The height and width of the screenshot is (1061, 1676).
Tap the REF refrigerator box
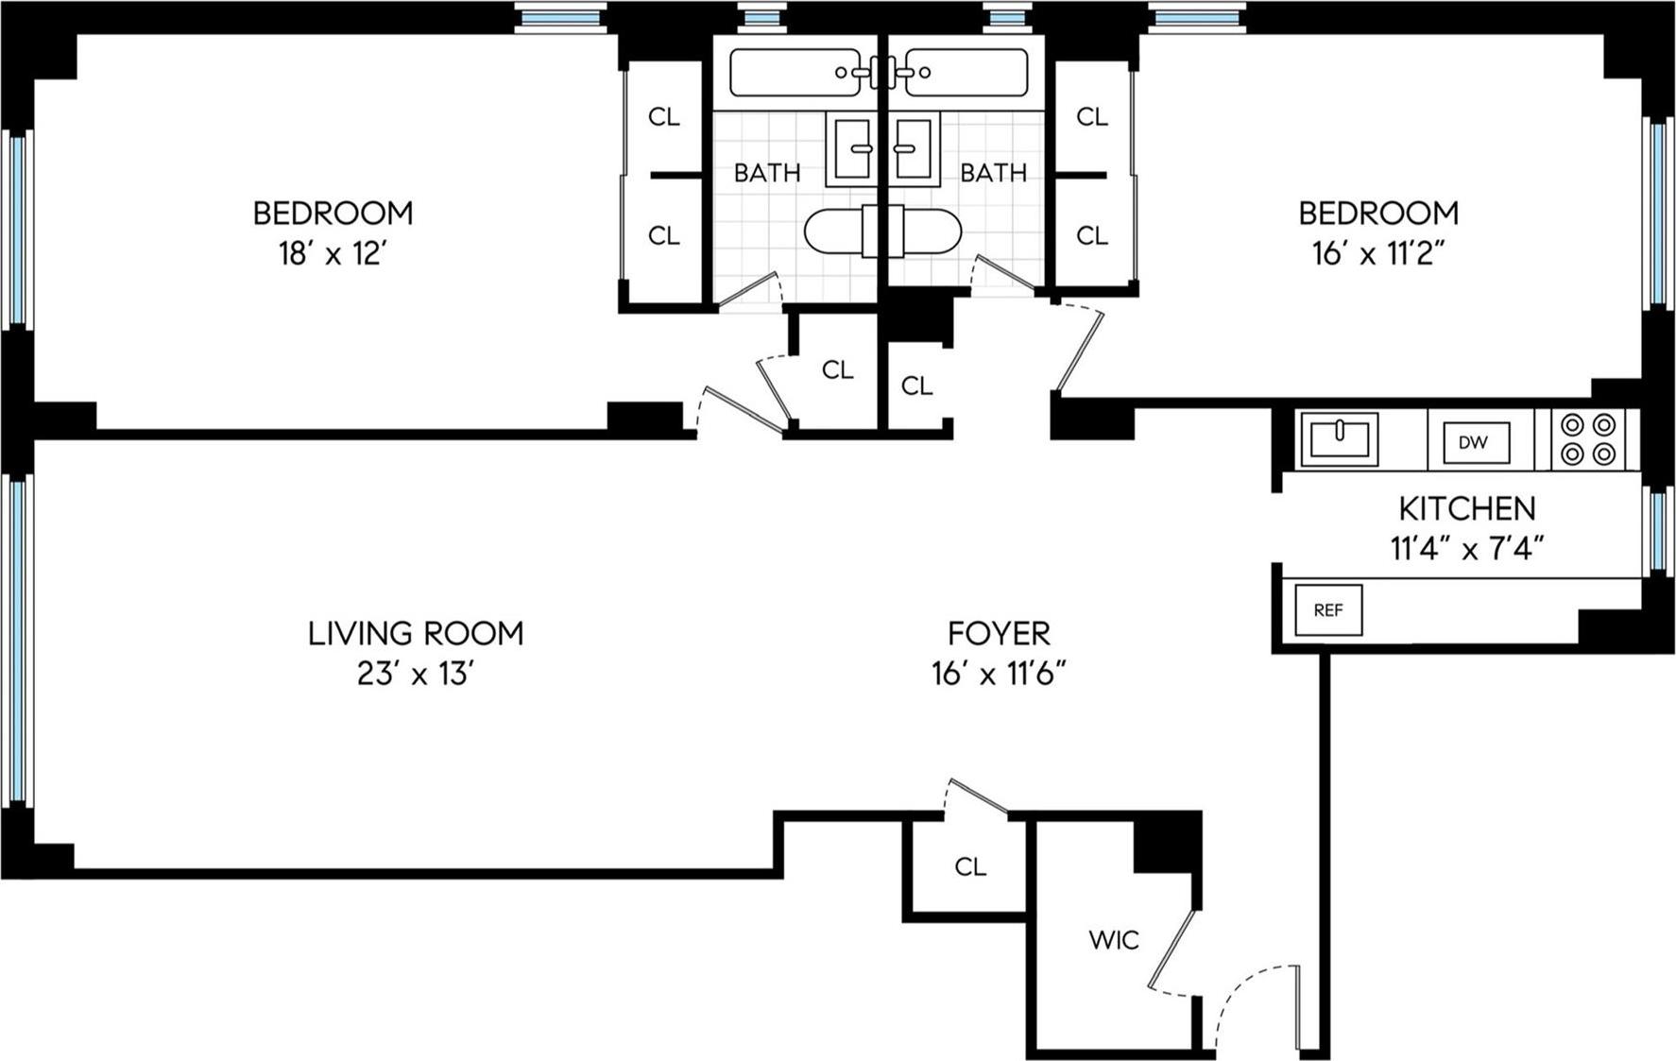[x=1328, y=609]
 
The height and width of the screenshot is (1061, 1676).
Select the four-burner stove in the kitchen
[x=1588, y=439]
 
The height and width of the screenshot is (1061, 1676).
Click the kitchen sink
[x=1339, y=438]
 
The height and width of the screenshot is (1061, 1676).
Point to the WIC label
[x=1114, y=940]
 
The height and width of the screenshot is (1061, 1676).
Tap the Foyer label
[x=999, y=632]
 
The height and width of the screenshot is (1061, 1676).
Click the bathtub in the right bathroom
[x=966, y=73]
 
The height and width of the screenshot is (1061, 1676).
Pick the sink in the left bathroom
[x=851, y=148]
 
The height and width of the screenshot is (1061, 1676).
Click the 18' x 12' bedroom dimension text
[x=333, y=254]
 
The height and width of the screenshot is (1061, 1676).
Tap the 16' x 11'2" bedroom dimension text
[x=1378, y=254]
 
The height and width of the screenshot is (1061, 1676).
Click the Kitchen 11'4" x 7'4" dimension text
[x=1466, y=548]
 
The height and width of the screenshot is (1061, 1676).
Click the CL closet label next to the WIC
[x=970, y=866]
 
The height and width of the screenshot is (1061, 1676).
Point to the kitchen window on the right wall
[x=1659, y=529]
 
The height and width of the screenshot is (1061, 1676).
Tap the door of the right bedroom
[x=1079, y=350]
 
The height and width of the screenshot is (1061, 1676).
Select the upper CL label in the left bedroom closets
[x=663, y=116]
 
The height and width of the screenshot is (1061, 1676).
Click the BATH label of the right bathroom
[x=993, y=172]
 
